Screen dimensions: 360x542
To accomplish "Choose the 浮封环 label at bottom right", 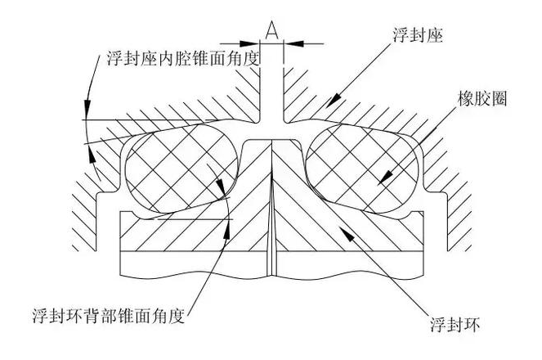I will coord(458,326).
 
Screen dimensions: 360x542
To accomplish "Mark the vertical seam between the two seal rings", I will coord(270,221).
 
